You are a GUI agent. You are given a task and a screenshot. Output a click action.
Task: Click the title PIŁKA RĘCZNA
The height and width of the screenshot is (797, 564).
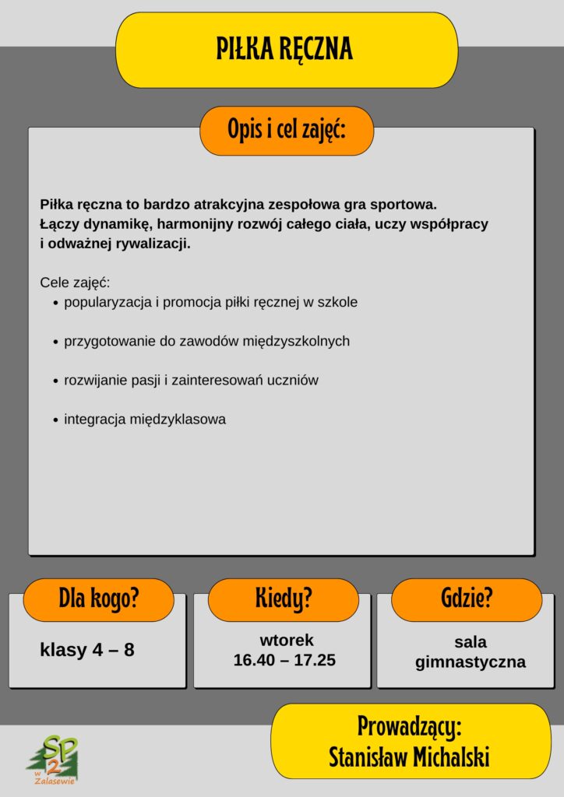[x=285, y=49]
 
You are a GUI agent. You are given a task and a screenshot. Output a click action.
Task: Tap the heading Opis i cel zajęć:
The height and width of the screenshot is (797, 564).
[x=287, y=131]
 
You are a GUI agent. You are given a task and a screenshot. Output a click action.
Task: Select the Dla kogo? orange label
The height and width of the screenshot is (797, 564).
[x=98, y=599]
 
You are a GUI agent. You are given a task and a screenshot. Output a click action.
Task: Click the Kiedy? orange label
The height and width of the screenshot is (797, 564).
[x=284, y=599]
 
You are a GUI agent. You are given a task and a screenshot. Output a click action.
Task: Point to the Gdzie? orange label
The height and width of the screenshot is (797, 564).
[x=467, y=599]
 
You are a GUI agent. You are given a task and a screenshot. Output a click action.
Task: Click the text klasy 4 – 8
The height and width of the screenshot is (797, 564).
[x=87, y=650]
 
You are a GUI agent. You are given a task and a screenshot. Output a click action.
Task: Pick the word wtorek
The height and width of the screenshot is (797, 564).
[x=287, y=641]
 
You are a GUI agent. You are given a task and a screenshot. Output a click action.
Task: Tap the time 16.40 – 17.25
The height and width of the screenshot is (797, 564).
[x=284, y=660]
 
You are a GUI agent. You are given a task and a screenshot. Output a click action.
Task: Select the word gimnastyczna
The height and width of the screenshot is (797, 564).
[x=471, y=662]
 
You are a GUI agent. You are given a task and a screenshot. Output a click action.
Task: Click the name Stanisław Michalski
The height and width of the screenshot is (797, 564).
[x=409, y=757]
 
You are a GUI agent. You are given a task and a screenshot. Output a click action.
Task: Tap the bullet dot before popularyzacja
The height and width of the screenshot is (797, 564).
[x=56, y=303]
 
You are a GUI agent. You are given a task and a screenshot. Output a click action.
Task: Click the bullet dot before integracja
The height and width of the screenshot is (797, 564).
[x=56, y=420]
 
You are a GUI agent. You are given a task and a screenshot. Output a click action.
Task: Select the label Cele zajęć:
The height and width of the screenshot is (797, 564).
[x=75, y=283]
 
